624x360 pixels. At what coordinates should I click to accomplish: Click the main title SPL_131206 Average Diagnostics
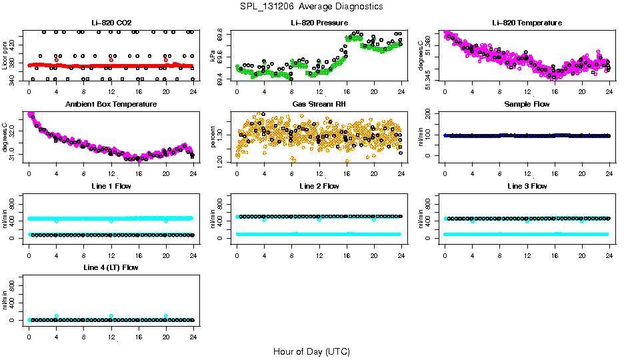312,6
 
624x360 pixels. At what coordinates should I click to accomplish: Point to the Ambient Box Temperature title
111,105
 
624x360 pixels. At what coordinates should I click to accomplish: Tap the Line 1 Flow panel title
111,186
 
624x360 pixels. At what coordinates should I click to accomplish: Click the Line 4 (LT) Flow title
111,267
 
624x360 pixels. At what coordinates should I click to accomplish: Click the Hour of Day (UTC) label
311,351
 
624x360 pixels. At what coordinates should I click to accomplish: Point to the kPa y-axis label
213,57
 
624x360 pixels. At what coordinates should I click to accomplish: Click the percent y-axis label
213,138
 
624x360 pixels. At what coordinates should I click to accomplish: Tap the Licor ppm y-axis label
5,57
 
